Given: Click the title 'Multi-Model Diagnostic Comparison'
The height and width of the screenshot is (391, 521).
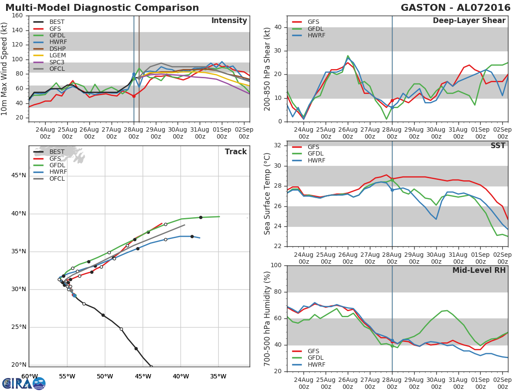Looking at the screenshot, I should (102, 8).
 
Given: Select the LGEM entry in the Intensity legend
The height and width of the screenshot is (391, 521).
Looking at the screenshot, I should (57, 56).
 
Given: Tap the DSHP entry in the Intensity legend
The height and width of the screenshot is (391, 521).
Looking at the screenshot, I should (57, 49).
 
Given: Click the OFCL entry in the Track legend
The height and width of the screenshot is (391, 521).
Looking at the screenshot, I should (57, 179).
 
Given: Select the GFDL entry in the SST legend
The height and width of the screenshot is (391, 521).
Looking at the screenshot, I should (316, 154).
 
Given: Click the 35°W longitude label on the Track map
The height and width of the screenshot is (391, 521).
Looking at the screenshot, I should (218, 377).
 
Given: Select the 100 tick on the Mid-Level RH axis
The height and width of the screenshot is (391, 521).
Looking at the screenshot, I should (276, 265).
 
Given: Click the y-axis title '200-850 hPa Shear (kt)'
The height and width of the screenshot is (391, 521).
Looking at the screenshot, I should (267, 69).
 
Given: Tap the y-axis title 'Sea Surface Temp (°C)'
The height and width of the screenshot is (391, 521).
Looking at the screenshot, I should (267, 193).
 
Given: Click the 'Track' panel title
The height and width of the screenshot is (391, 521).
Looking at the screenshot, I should (235, 152).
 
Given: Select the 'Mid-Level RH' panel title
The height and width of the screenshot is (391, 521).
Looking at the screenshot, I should (478, 270).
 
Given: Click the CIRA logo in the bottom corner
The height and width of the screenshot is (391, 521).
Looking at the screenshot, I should (23, 383).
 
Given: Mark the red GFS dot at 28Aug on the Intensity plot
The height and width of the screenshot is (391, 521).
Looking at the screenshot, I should (134, 96).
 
